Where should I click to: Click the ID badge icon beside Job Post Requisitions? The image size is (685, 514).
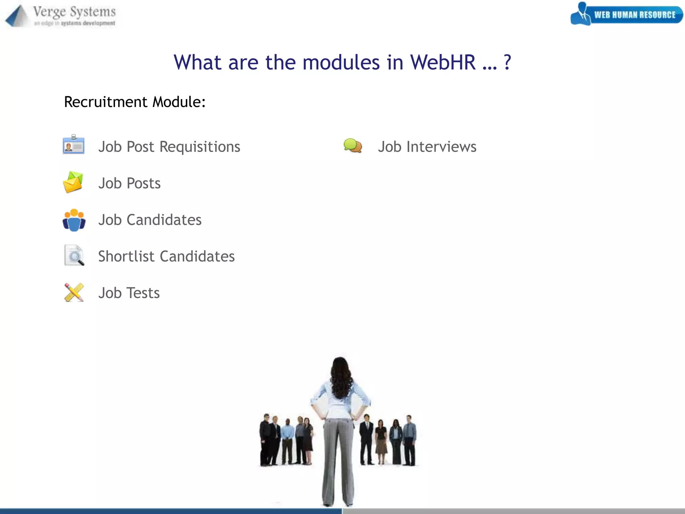point(74,145)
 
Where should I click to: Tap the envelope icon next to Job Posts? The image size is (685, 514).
point(73,182)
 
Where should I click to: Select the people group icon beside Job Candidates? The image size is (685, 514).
point(74,220)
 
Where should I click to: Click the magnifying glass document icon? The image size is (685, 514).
point(74,256)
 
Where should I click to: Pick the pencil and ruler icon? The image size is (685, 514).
point(74,292)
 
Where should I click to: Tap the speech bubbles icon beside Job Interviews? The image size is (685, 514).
point(353,146)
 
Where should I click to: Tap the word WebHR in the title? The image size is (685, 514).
point(443,62)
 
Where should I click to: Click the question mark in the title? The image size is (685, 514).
point(507,62)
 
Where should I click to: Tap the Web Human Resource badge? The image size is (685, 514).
point(627,14)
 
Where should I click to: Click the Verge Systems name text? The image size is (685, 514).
point(74,12)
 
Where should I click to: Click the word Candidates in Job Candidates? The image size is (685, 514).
point(164,220)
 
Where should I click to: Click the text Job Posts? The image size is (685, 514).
point(129,183)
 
